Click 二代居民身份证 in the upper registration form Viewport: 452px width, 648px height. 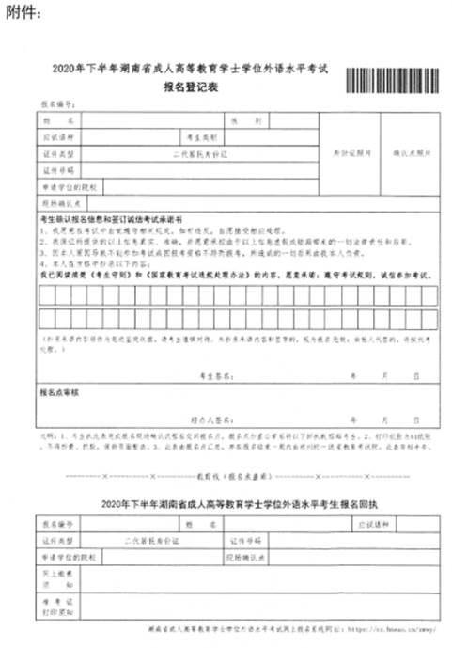pyautogui.click(x=200, y=153)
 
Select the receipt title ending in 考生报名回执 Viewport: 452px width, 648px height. pyautogui.click(x=225, y=504)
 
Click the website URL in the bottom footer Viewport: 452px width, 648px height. pyautogui.click(x=389, y=626)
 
